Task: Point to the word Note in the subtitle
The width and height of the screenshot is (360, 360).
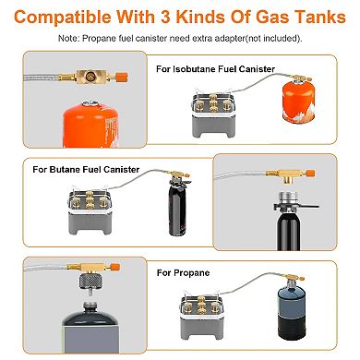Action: tap(68, 38)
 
